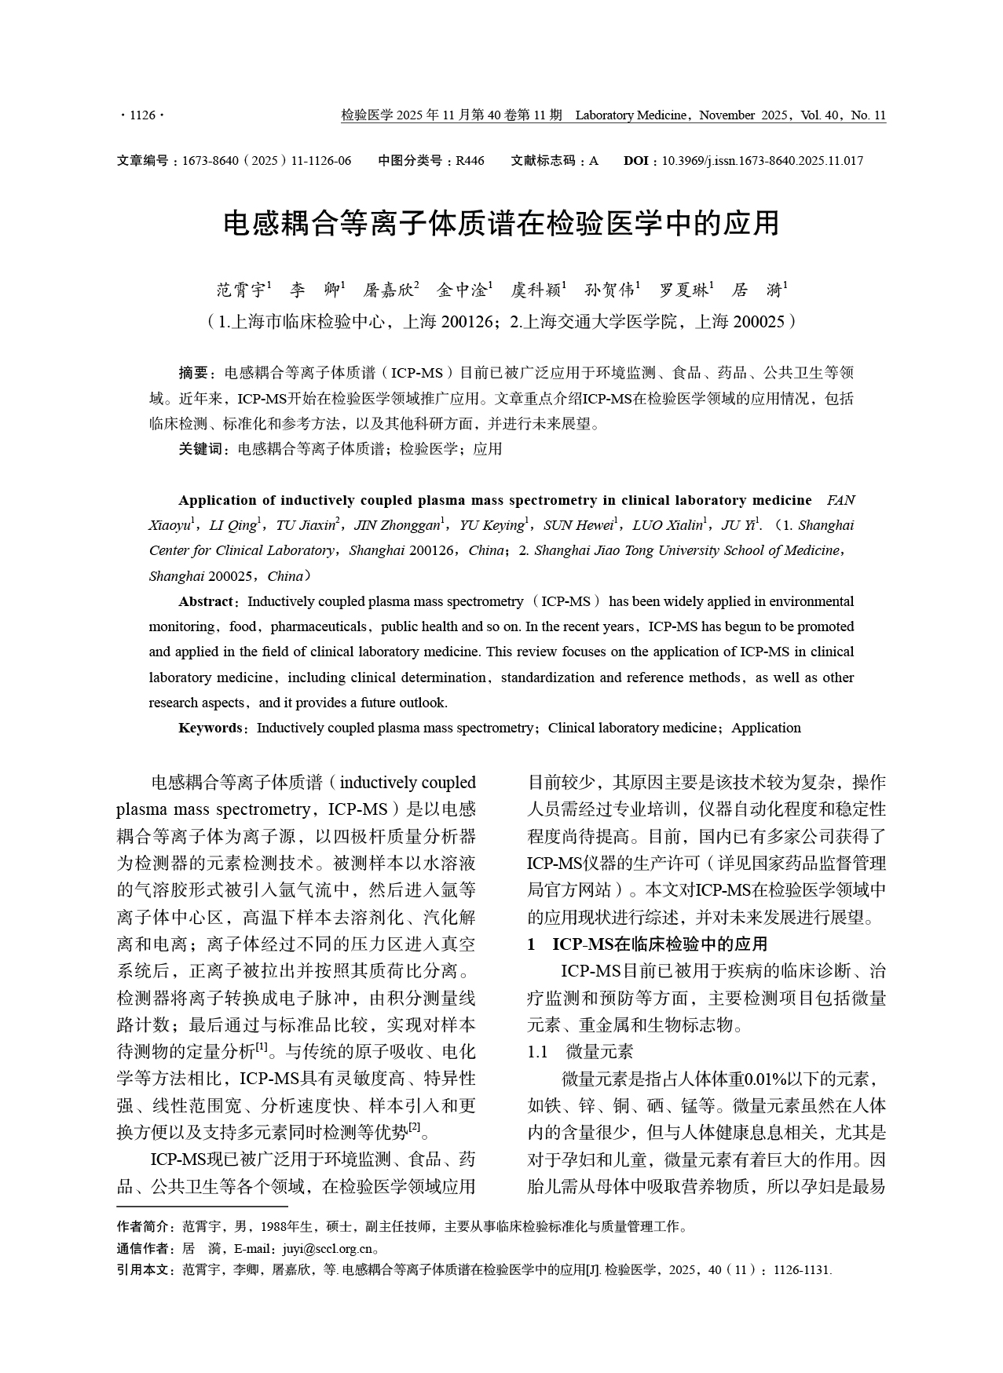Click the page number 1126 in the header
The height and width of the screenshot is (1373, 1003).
142,116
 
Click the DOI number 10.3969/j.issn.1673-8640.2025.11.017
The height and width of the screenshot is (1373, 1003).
762,161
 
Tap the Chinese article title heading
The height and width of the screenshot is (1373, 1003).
501,224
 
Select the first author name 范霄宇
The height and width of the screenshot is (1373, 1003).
241,290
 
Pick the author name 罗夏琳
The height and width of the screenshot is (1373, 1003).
683,290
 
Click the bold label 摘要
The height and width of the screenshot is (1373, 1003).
192,373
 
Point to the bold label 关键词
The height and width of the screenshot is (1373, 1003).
200,449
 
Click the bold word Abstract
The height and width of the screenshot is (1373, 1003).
206,601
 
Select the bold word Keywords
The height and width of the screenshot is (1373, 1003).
210,728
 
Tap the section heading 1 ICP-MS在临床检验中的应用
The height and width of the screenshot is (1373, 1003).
647,944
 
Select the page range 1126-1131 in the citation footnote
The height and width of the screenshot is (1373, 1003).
801,1270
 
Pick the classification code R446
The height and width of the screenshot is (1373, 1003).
470,161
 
